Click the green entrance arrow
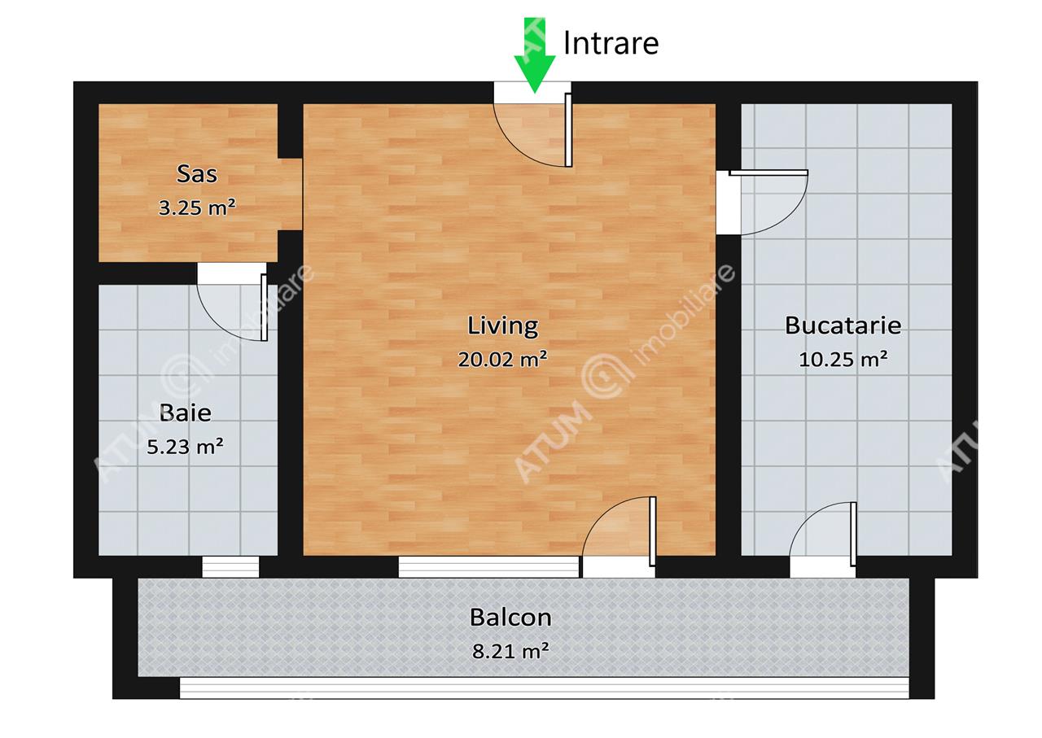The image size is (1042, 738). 535,56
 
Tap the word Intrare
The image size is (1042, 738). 611,43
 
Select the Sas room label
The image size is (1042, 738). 197,174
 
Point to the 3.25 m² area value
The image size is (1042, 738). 197,207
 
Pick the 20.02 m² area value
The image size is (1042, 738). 502,359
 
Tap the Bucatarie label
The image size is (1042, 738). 843,325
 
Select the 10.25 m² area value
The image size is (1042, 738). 843,359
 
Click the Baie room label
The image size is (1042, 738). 185,413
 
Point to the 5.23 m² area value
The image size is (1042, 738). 185,447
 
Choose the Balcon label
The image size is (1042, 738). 510,618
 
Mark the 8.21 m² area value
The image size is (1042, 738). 510,651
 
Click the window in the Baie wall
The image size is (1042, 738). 230,567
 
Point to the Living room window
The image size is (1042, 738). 488,567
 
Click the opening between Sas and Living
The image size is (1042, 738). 291,194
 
